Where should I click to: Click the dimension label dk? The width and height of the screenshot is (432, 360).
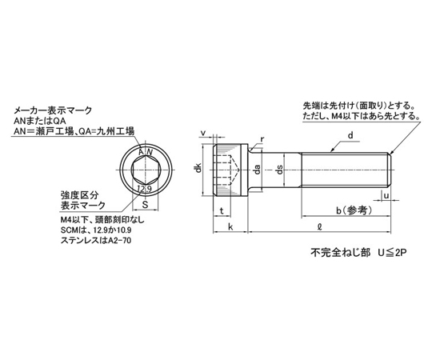tap(198, 168)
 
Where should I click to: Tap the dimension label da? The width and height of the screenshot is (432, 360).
tap(258, 169)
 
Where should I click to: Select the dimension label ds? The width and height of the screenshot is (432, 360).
tap(280, 170)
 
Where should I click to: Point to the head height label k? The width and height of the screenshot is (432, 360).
tap(230, 226)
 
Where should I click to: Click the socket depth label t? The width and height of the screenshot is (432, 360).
tap(222, 211)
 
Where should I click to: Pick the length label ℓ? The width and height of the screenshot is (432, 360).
tap(319, 226)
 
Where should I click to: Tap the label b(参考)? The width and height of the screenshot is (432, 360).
tap(354, 210)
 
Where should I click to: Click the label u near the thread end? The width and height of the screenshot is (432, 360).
tap(386, 195)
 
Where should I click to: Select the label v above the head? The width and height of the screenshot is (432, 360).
tap(203, 133)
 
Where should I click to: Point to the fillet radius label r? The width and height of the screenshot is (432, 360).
tap(262, 139)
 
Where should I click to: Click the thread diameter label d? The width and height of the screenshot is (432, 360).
tap(350, 135)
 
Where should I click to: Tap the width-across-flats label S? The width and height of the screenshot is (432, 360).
tap(145, 205)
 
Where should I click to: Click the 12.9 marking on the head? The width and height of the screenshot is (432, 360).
tap(144, 189)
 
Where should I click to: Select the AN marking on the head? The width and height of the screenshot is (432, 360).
tap(146, 152)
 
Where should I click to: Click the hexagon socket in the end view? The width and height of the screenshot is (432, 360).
tap(145, 170)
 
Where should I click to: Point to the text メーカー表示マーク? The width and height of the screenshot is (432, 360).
tap(52, 110)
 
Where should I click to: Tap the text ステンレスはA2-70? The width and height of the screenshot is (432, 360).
tap(96, 241)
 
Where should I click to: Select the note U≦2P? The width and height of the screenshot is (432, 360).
tap(392, 252)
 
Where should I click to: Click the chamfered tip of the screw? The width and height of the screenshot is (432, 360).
tap(390, 170)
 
